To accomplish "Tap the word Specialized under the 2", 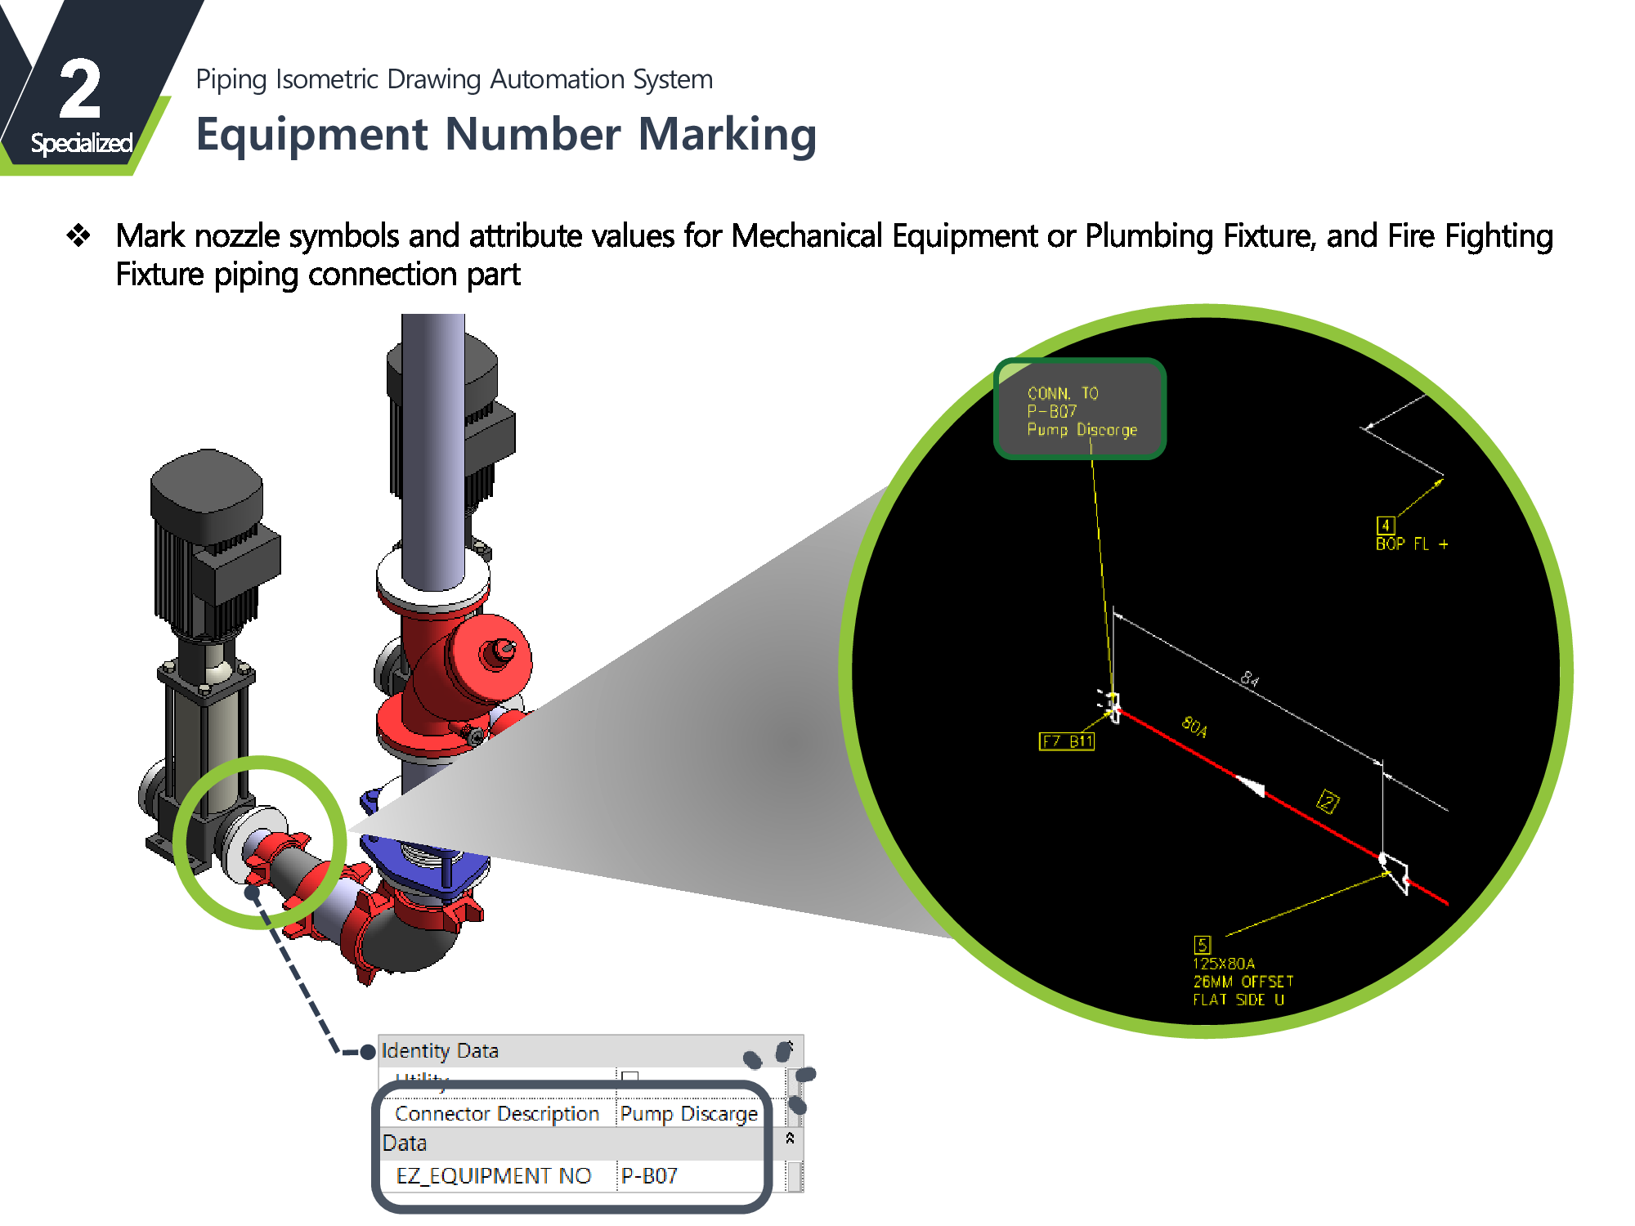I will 81,143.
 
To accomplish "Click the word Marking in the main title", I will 727,134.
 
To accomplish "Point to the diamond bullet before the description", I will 78,235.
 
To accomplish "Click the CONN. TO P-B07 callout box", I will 1080,409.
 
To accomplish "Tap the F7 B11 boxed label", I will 1067,741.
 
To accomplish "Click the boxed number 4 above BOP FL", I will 1385,525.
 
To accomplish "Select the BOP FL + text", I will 1411,544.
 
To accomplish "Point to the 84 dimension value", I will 1249,678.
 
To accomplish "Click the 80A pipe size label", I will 1194,726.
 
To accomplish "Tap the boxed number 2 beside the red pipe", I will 1328,802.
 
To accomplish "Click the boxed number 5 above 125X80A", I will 1202,945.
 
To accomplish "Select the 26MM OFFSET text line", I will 1243,982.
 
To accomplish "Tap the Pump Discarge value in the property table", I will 688,1114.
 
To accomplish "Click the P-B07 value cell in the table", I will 649,1175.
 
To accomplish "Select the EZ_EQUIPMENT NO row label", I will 493,1175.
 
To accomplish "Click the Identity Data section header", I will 440,1050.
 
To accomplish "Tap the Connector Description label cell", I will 496,1114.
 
